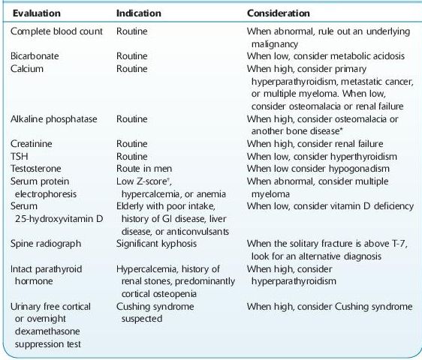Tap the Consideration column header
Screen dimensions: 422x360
(279, 13)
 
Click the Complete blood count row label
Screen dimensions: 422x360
(56, 33)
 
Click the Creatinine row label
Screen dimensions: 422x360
(32, 142)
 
